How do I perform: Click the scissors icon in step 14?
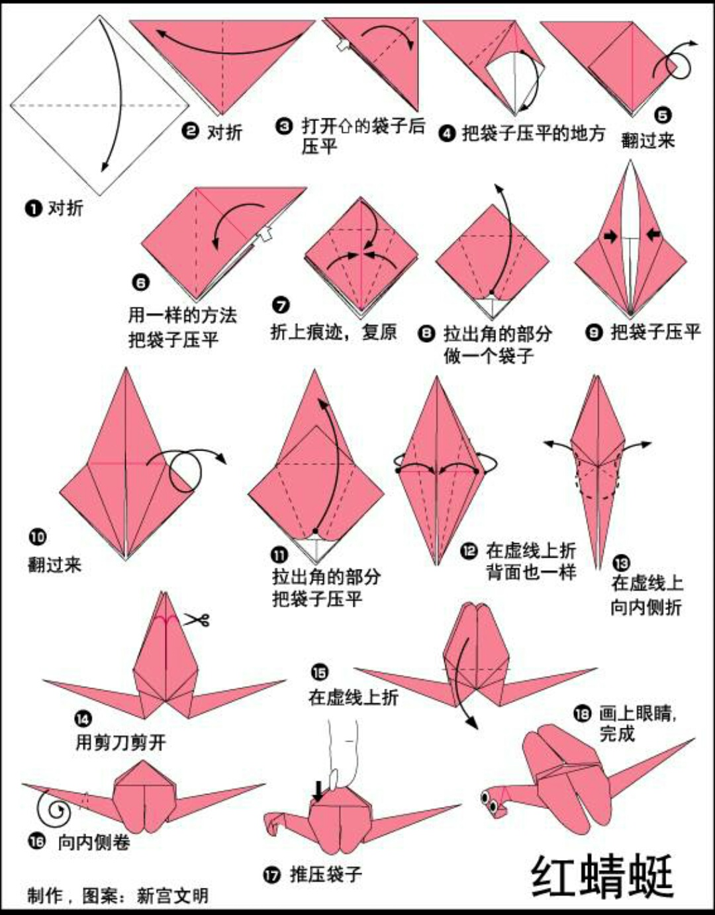point(197,620)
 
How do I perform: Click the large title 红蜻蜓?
point(602,876)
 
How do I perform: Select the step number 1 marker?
point(32,209)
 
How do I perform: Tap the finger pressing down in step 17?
point(342,754)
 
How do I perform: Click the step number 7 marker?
point(281,305)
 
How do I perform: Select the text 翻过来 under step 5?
point(647,140)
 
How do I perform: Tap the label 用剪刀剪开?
point(120,742)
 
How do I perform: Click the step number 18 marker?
point(582,713)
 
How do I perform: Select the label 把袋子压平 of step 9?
point(655,331)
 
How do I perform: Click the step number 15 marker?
point(319,673)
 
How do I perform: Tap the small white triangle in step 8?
point(491,306)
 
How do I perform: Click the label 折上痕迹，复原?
point(333,331)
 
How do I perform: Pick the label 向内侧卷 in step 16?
point(94,842)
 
